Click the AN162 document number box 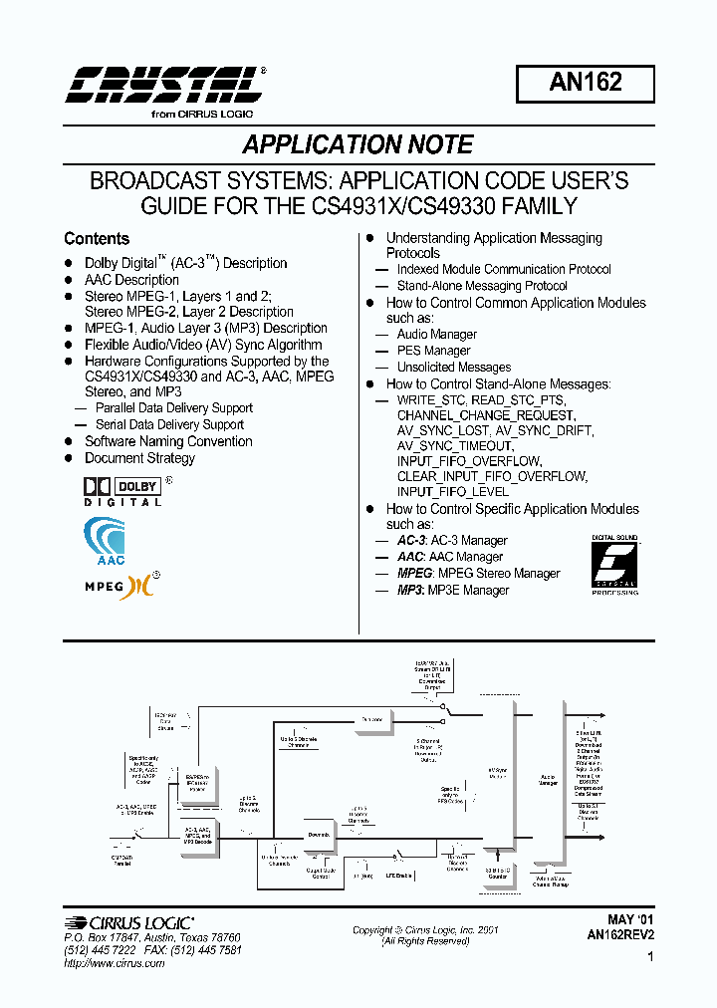click(585, 83)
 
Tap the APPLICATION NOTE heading click(358, 144)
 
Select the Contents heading click(97, 239)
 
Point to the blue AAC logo click(104, 542)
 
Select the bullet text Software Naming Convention click(168, 441)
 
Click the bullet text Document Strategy click(139, 458)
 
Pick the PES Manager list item click(433, 351)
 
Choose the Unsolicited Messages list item click(453, 367)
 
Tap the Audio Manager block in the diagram click(548, 781)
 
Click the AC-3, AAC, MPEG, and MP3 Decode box click(196, 835)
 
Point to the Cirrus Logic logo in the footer click(128, 923)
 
